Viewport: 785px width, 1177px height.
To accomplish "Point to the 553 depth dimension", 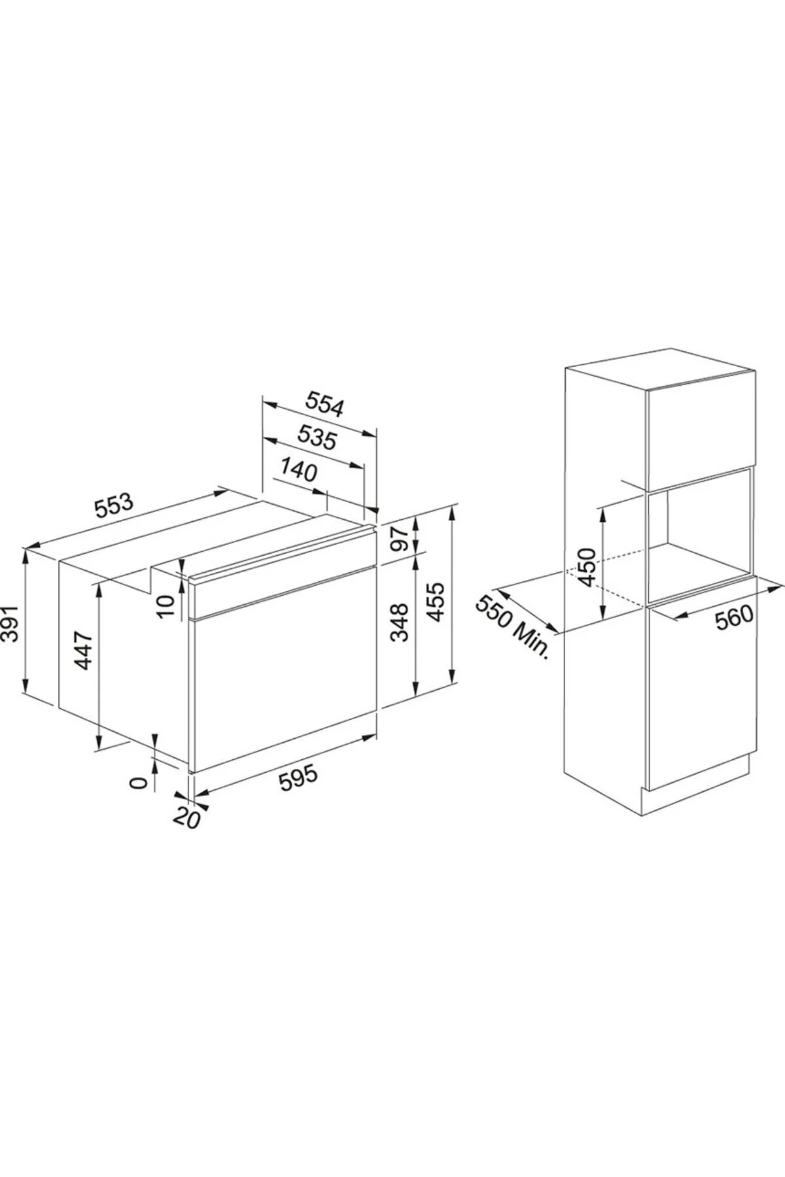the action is (113, 505).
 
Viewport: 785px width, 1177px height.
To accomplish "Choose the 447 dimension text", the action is (84, 651).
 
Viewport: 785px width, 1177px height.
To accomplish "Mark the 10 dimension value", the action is (168, 605).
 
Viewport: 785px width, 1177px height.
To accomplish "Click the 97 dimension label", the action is (399, 537).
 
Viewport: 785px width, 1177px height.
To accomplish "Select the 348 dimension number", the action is (399, 622).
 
